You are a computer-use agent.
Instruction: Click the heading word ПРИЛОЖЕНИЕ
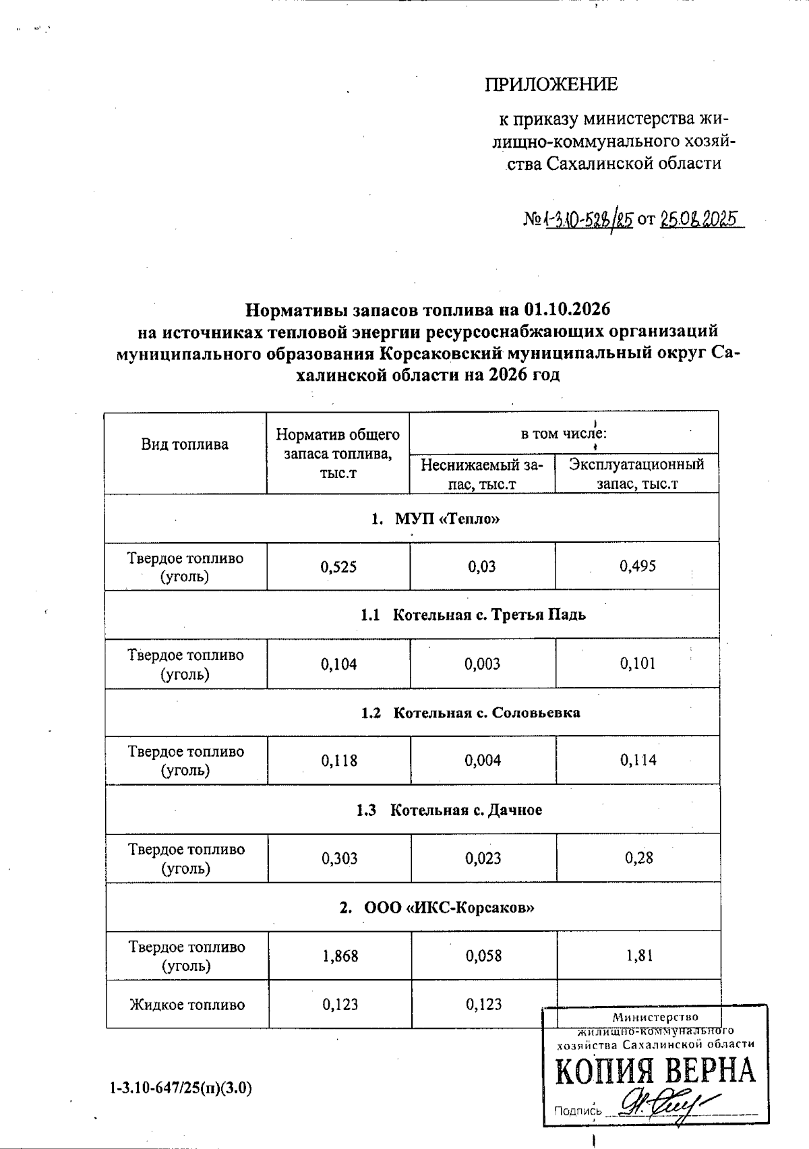pyautogui.click(x=551, y=84)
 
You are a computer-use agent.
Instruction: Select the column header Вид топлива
pyautogui.click(x=185, y=444)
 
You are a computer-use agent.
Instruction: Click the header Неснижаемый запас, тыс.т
pyautogui.click(x=481, y=473)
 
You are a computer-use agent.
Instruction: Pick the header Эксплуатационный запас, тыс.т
pyautogui.click(x=636, y=473)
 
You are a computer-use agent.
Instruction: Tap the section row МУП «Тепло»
pyautogui.click(x=436, y=519)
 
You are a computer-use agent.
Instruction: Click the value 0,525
pyautogui.click(x=338, y=567)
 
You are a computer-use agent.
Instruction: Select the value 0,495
pyautogui.click(x=637, y=566)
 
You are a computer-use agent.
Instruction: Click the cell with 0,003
pyautogui.click(x=482, y=664)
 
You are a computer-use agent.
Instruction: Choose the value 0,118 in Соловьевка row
pyautogui.click(x=339, y=761)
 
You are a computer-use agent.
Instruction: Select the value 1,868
pyautogui.click(x=340, y=955)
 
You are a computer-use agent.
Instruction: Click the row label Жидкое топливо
pyautogui.click(x=187, y=1005)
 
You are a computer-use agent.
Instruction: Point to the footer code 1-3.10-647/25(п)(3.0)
pyautogui.click(x=181, y=1088)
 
